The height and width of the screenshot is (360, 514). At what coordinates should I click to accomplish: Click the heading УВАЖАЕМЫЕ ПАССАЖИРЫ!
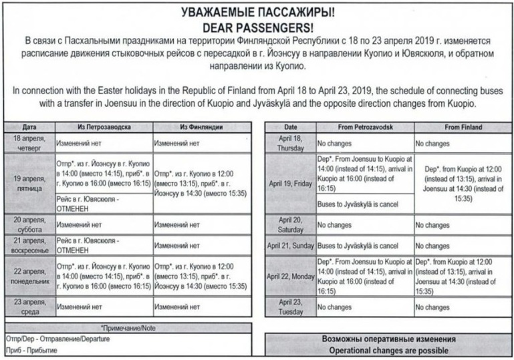[257, 11]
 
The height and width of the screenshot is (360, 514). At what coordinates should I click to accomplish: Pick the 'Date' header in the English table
[290, 127]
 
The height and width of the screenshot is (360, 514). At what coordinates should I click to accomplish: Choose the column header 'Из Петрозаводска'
[103, 127]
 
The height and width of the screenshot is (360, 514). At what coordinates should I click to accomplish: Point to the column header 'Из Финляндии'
[200, 127]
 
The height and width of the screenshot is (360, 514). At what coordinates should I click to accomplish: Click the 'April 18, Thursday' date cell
[290, 142]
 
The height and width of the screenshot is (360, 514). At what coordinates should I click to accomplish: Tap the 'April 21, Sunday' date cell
[290, 245]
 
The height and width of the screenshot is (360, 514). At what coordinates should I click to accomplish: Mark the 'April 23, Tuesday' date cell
[290, 307]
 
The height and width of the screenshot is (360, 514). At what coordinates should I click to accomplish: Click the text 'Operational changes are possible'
[388, 351]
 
